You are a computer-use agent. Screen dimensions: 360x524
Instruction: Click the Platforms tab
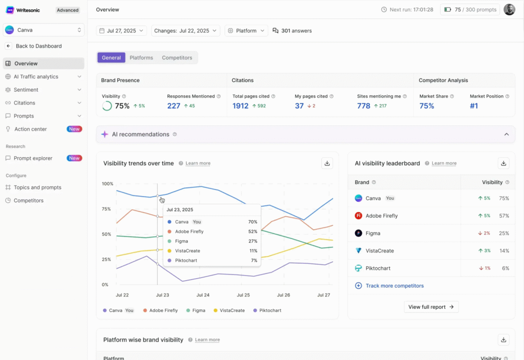tap(141, 58)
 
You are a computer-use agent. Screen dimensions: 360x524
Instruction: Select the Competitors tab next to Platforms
tap(177, 58)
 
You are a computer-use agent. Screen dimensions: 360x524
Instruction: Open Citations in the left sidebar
tap(25, 103)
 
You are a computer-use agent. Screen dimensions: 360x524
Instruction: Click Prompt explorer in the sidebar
tap(33, 158)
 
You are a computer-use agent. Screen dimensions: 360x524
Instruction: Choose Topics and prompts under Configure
tap(37, 187)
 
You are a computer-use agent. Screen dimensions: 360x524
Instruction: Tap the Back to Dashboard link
tap(38, 46)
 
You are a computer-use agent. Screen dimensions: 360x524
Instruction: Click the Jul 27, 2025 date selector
tap(121, 31)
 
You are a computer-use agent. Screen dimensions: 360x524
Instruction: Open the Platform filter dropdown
tap(246, 31)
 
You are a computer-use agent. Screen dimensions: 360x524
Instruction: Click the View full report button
tap(431, 307)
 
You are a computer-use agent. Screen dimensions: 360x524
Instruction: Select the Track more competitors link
tap(395, 286)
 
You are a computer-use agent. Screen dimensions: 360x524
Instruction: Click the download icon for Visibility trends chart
tap(327, 163)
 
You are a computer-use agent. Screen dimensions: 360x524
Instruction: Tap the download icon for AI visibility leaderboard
tap(504, 163)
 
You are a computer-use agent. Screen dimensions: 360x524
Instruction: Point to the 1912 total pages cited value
tap(241, 106)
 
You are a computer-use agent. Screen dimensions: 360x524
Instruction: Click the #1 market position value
tap(474, 106)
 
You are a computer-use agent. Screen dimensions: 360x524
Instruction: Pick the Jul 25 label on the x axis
tap(243, 295)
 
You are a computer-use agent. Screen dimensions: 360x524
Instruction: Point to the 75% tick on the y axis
tap(106, 209)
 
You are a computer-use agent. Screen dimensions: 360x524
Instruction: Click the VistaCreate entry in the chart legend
tap(229, 310)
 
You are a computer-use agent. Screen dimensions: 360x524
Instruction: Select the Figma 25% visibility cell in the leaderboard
tap(504, 233)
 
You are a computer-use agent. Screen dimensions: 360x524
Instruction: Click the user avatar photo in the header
tap(509, 10)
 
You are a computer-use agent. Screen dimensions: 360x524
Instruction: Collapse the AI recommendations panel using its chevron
tap(506, 134)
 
